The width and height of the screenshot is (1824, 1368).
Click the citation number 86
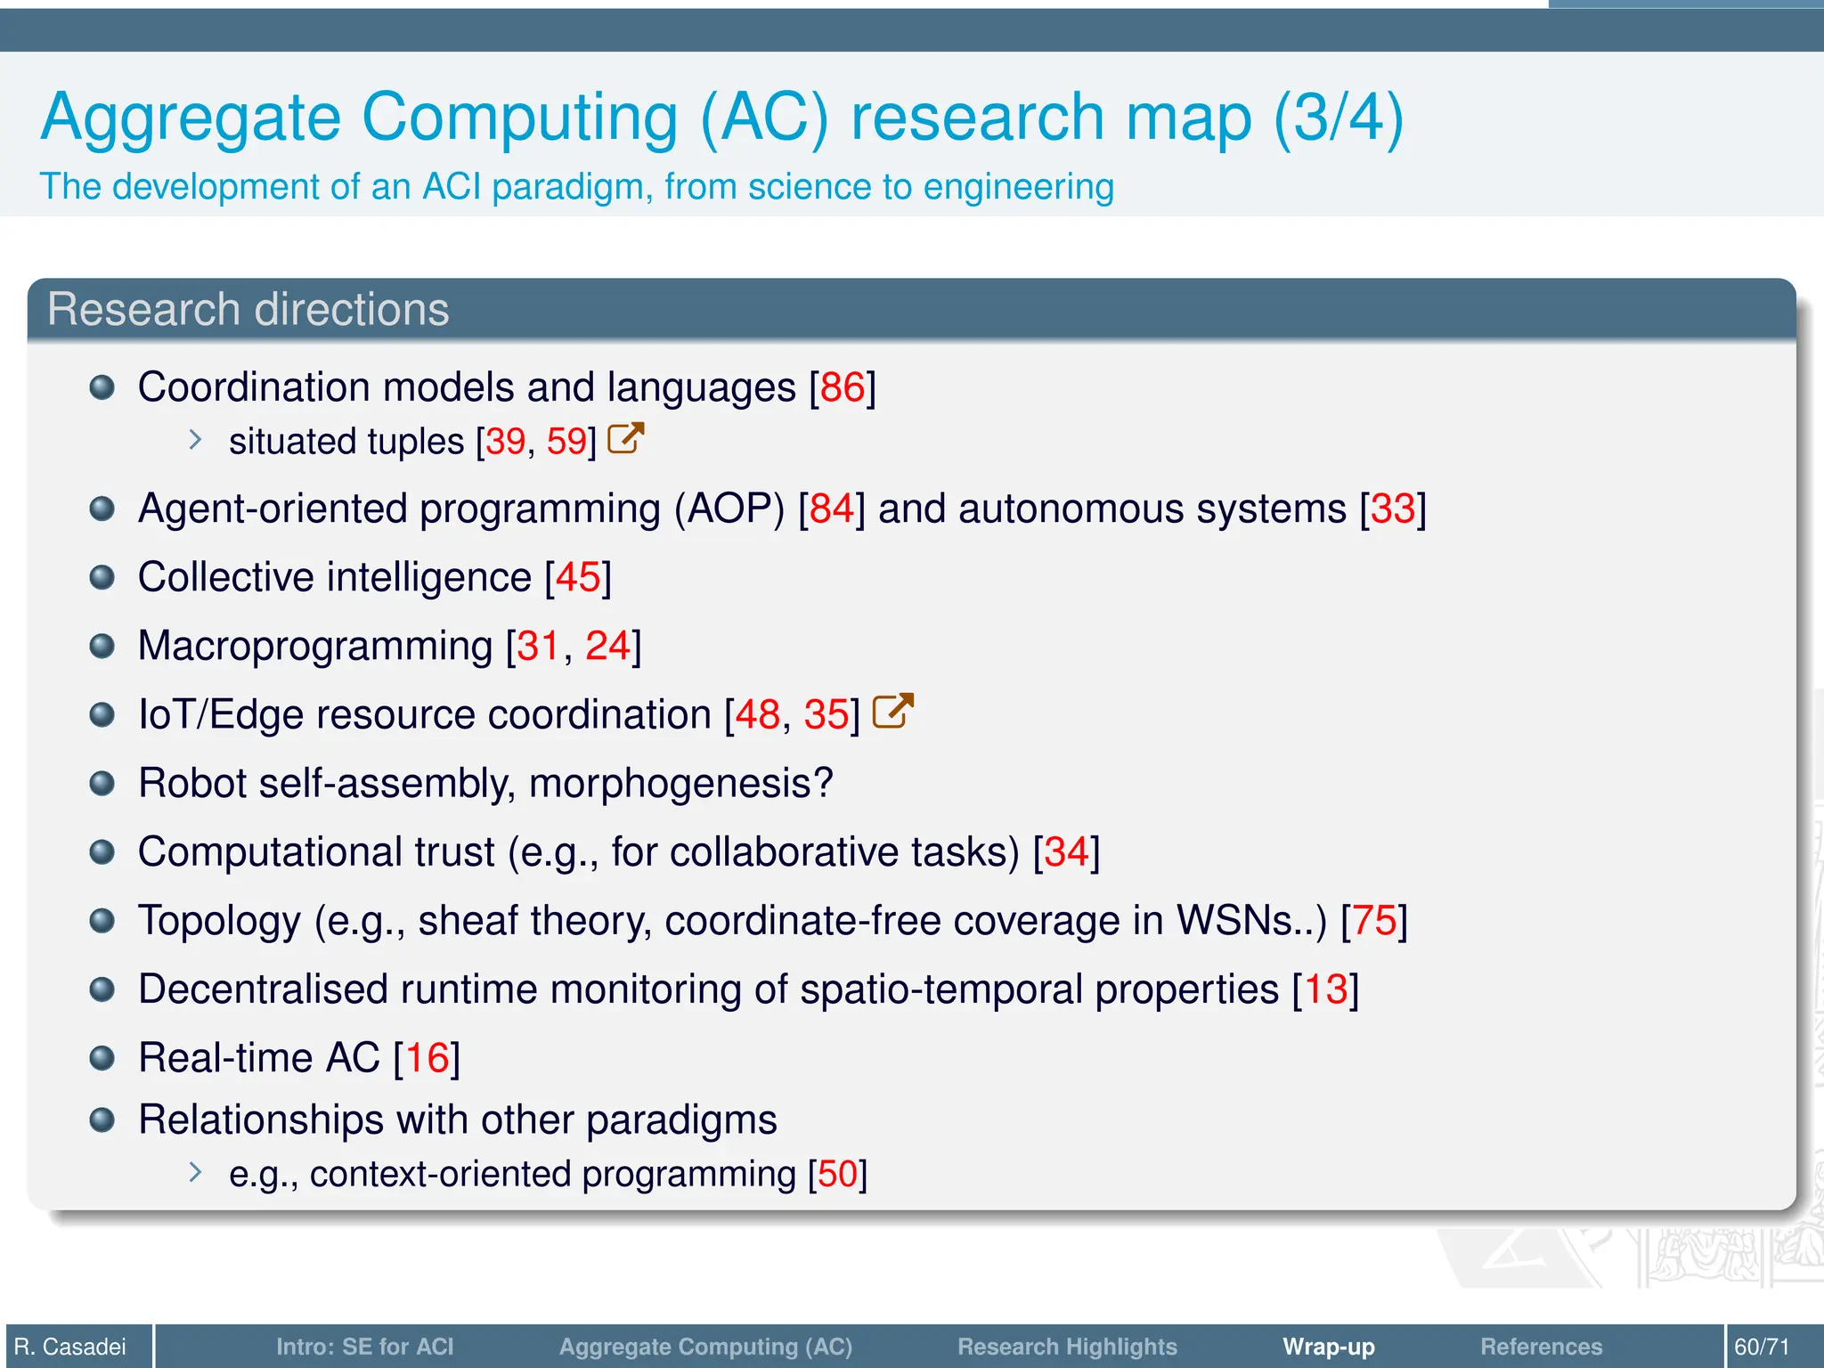pos(843,387)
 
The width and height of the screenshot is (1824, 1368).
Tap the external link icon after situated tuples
pos(625,439)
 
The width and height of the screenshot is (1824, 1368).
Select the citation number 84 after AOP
pos(832,509)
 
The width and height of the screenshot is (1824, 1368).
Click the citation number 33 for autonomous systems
pos(1393,509)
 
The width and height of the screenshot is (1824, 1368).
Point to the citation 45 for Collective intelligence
pos(578,577)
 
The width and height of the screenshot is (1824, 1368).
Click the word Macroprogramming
pos(315,646)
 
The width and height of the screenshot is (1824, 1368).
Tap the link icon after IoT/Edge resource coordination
pos(892,712)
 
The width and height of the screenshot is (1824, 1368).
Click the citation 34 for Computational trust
pos(1066,852)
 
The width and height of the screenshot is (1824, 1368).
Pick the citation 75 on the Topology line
pos(1374,921)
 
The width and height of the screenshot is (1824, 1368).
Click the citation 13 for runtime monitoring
pos(1325,989)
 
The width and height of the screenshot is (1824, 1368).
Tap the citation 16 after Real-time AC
pos(427,1058)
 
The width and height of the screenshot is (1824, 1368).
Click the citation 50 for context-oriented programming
pos(837,1174)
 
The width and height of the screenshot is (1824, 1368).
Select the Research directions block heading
pos(248,310)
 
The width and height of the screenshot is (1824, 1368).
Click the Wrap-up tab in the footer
pos(1328,1347)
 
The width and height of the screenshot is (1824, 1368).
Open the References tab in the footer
pos(1541,1347)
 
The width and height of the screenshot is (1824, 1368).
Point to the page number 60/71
pos(1761,1347)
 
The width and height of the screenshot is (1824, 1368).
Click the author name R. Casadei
pos(70,1347)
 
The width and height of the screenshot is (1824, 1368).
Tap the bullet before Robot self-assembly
pos(102,784)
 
